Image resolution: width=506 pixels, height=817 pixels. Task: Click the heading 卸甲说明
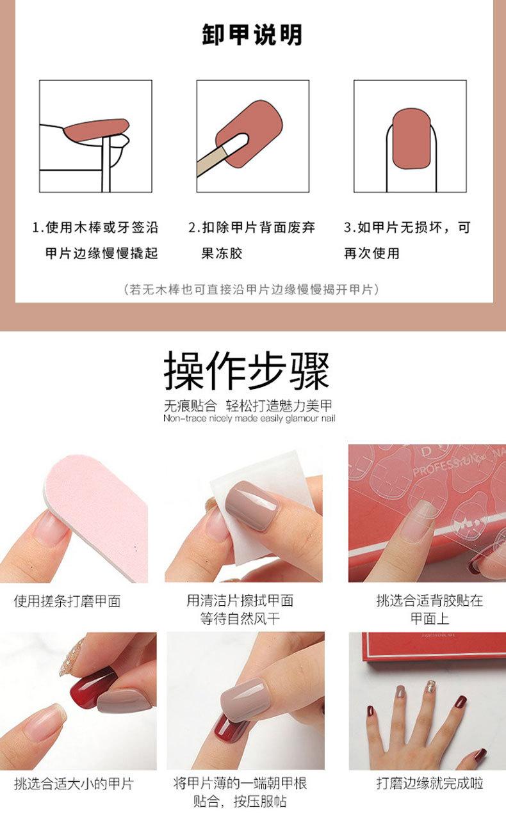pyautogui.click(x=252, y=35)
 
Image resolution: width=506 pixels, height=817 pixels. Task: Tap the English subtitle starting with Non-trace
pyautogui.click(x=249, y=418)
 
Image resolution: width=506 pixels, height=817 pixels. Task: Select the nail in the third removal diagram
pyautogui.click(x=410, y=138)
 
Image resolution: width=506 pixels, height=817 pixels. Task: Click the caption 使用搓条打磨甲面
pyautogui.click(x=67, y=601)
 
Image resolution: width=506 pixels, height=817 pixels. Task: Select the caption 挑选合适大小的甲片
pyautogui.click(x=74, y=784)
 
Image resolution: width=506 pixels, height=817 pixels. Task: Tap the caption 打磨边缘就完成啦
pyautogui.click(x=429, y=784)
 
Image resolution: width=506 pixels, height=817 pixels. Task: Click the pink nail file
pyautogui.click(x=96, y=505)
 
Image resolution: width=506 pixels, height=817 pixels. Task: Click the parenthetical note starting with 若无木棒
pyautogui.click(x=252, y=289)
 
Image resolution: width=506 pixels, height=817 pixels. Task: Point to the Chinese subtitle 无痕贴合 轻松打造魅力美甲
pyautogui.click(x=249, y=405)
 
